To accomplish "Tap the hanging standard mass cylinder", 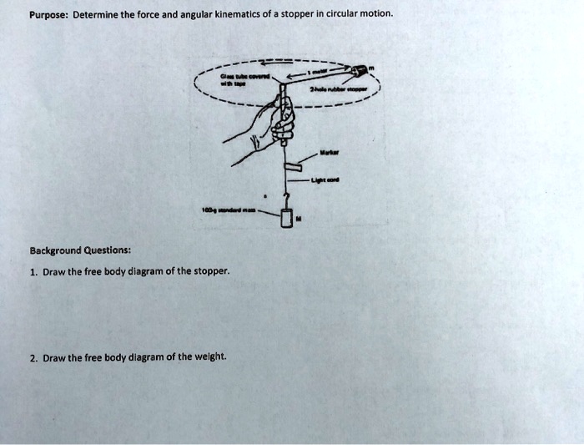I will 286,218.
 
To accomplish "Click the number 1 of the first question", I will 32,271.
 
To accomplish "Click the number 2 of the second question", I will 32,357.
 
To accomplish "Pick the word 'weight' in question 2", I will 209,357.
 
